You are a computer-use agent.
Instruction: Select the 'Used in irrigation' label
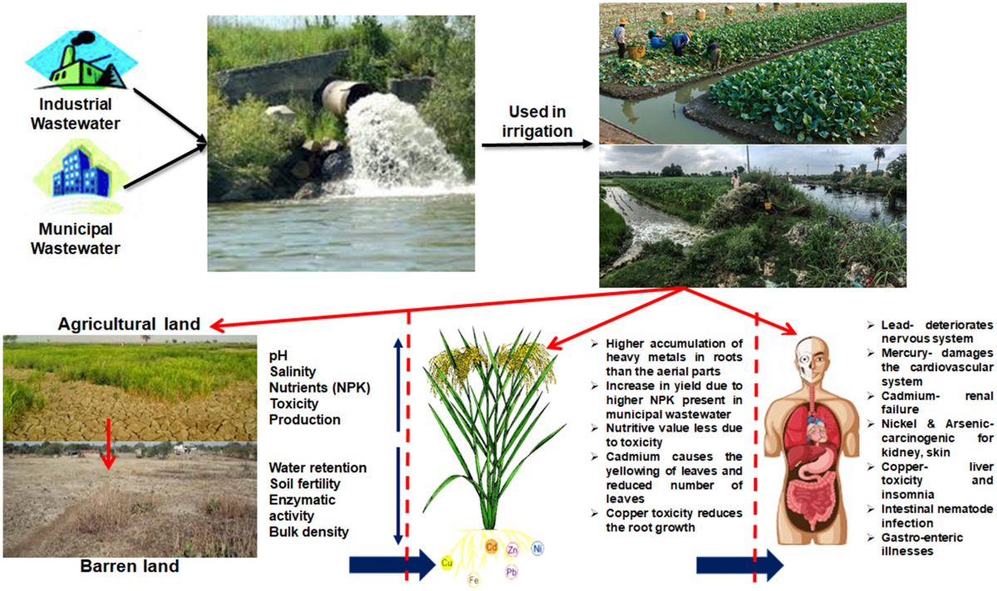click(x=540, y=122)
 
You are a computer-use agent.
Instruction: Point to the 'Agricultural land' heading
click(x=129, y=325)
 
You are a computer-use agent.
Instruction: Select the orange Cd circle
click(x=491, y=548)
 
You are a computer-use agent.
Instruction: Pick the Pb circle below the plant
click(x=511, y=572)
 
